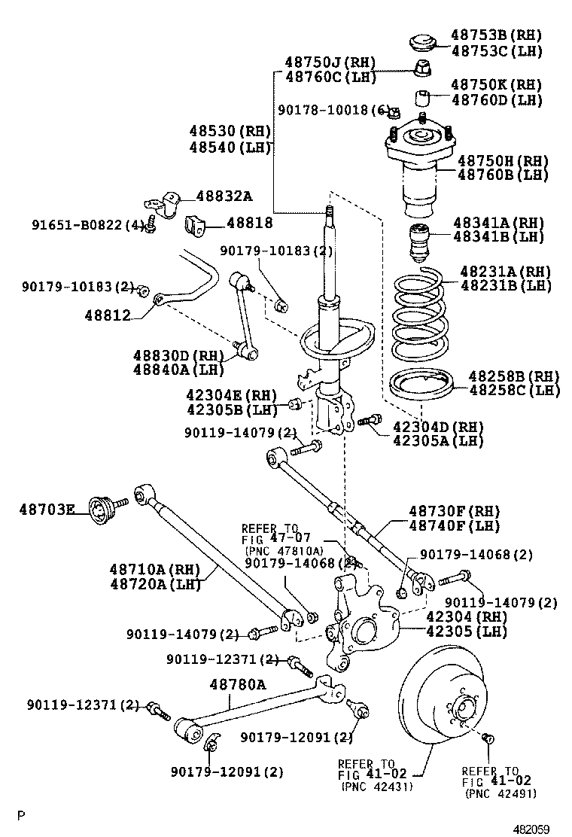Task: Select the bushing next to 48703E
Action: click(100, 510)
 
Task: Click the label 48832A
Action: click(224, 196)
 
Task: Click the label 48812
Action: click(108, 315)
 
